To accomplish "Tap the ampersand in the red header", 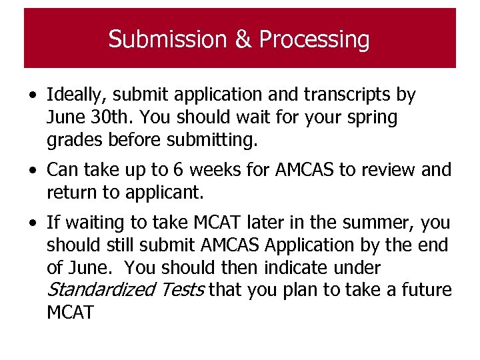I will click(242, 39).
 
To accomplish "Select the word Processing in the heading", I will click(314, 39).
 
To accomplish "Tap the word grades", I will click(72, 141).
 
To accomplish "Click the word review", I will click(389, 171).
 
